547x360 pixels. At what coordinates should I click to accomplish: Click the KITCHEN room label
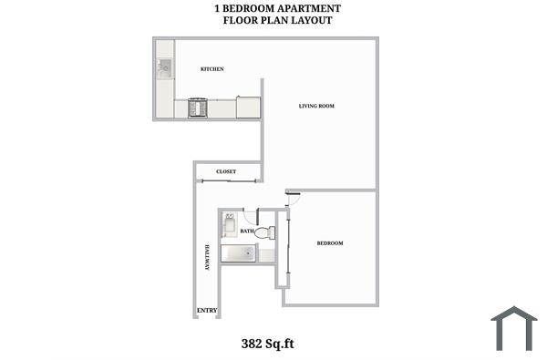(212, 69)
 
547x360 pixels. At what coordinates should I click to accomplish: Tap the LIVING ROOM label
(317, 107)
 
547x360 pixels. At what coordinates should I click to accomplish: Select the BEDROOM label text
(329, 243)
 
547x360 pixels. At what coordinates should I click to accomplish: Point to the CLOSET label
(226, 171)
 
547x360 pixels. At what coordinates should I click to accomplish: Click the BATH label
(247, 231)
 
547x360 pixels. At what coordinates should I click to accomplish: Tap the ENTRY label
(207, 312)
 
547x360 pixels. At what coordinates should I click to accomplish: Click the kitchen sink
(165, 67)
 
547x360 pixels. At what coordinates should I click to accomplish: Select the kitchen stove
(199, 108)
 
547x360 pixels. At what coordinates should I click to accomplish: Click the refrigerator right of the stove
(249, 108)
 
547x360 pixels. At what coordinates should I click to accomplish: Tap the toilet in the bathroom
(264, 233)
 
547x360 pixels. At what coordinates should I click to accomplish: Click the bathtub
(238, 253)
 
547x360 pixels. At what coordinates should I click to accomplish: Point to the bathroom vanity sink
(229, 223)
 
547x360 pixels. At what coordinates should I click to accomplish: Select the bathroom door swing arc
(250, 217)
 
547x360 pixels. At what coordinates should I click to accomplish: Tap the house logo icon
(513, 328)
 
